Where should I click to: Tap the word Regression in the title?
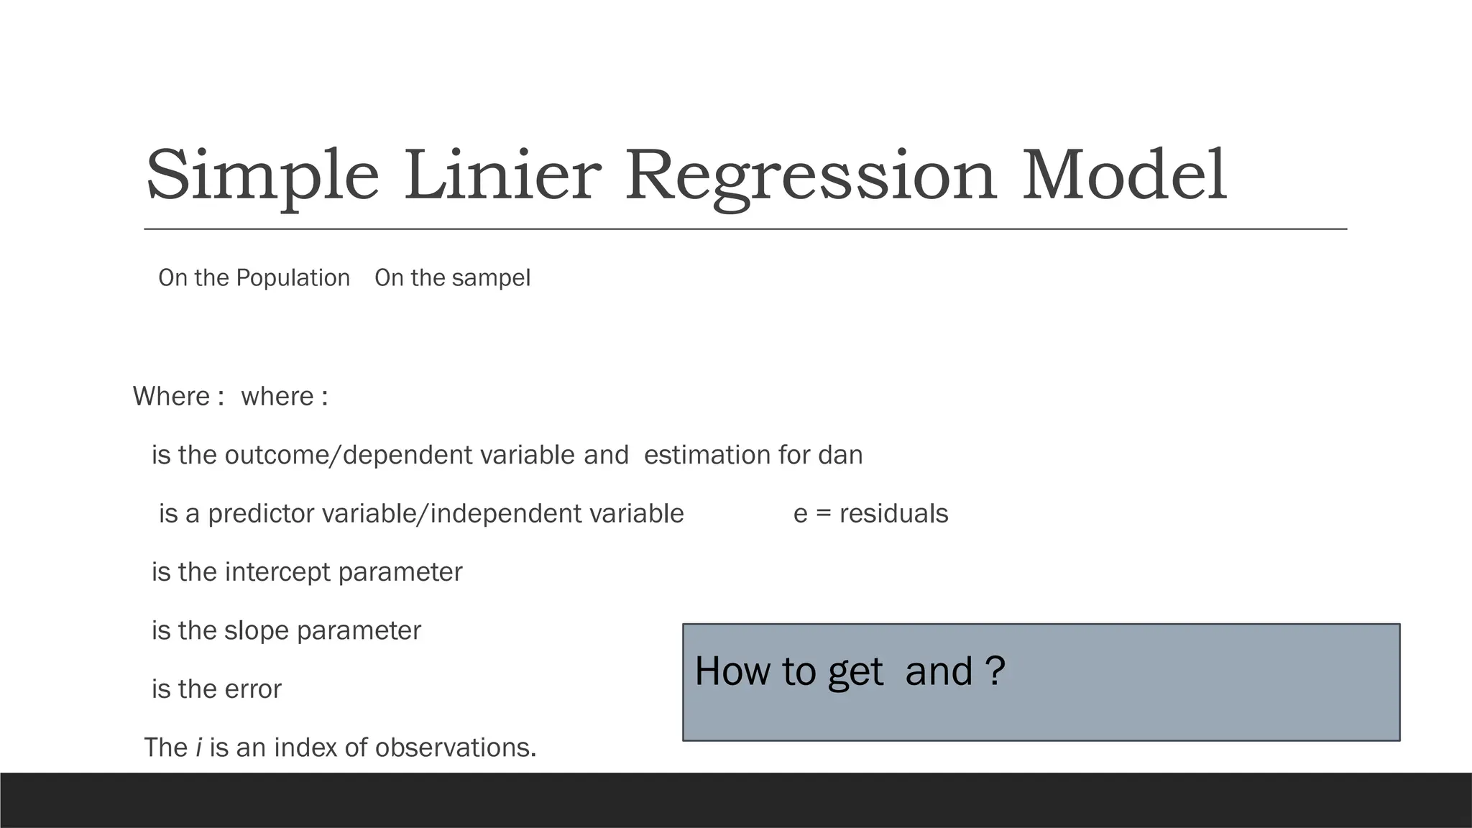(x=811, y=176)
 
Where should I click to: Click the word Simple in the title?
(x=262, y=176)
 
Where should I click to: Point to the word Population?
(x=293, y=278)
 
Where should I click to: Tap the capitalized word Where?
(x=171, y=396)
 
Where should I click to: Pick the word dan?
(x=840, y=455)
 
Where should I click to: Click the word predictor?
(x=261, y=514)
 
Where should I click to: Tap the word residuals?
(x=893, y=514)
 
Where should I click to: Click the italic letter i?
(x=198, y=747)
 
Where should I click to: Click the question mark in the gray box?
(x=995, y=671)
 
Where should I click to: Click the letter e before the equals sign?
(x=800, y=515)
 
